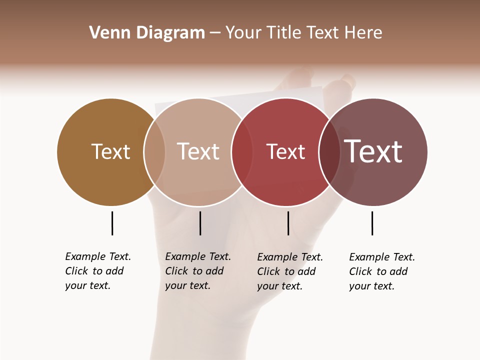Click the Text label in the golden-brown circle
click(110, 151)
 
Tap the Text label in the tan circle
click(198, 151)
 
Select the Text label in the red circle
click(285, 152)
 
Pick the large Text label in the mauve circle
click(373, 151)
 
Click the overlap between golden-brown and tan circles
click(154, 152)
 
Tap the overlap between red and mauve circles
click(329, 152)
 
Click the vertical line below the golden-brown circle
click(112, 223)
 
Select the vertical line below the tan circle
click(200, 223)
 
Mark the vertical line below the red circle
click(288, 223)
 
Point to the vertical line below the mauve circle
click(372, 223)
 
